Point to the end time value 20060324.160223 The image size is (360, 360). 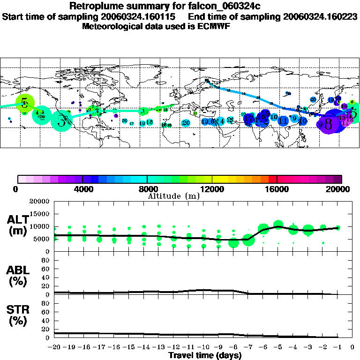320,16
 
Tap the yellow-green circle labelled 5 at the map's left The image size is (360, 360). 25,103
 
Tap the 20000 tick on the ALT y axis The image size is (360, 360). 41,202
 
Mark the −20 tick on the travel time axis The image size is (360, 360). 54,347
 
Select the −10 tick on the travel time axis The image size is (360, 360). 203,347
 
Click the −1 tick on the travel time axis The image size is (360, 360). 337,347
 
